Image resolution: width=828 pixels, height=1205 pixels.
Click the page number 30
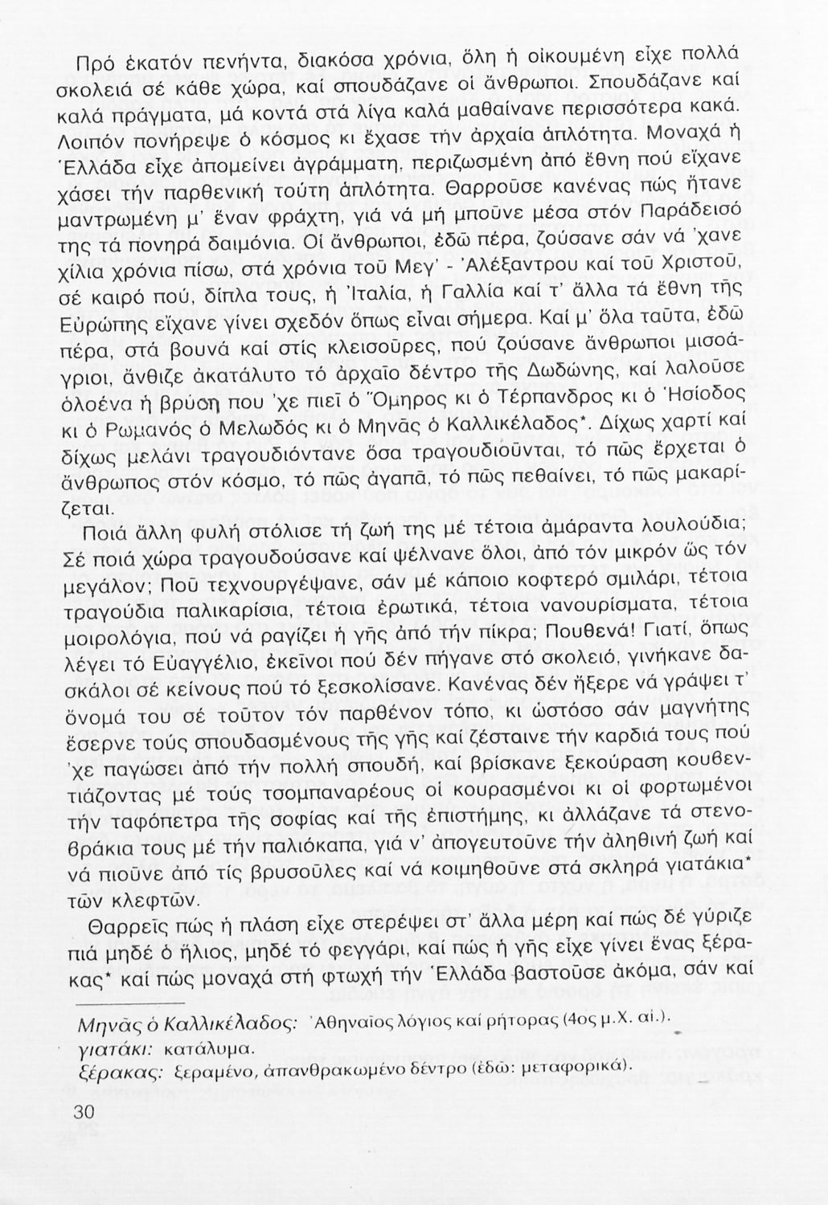pyautogui.click(x=84, y=1112)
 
